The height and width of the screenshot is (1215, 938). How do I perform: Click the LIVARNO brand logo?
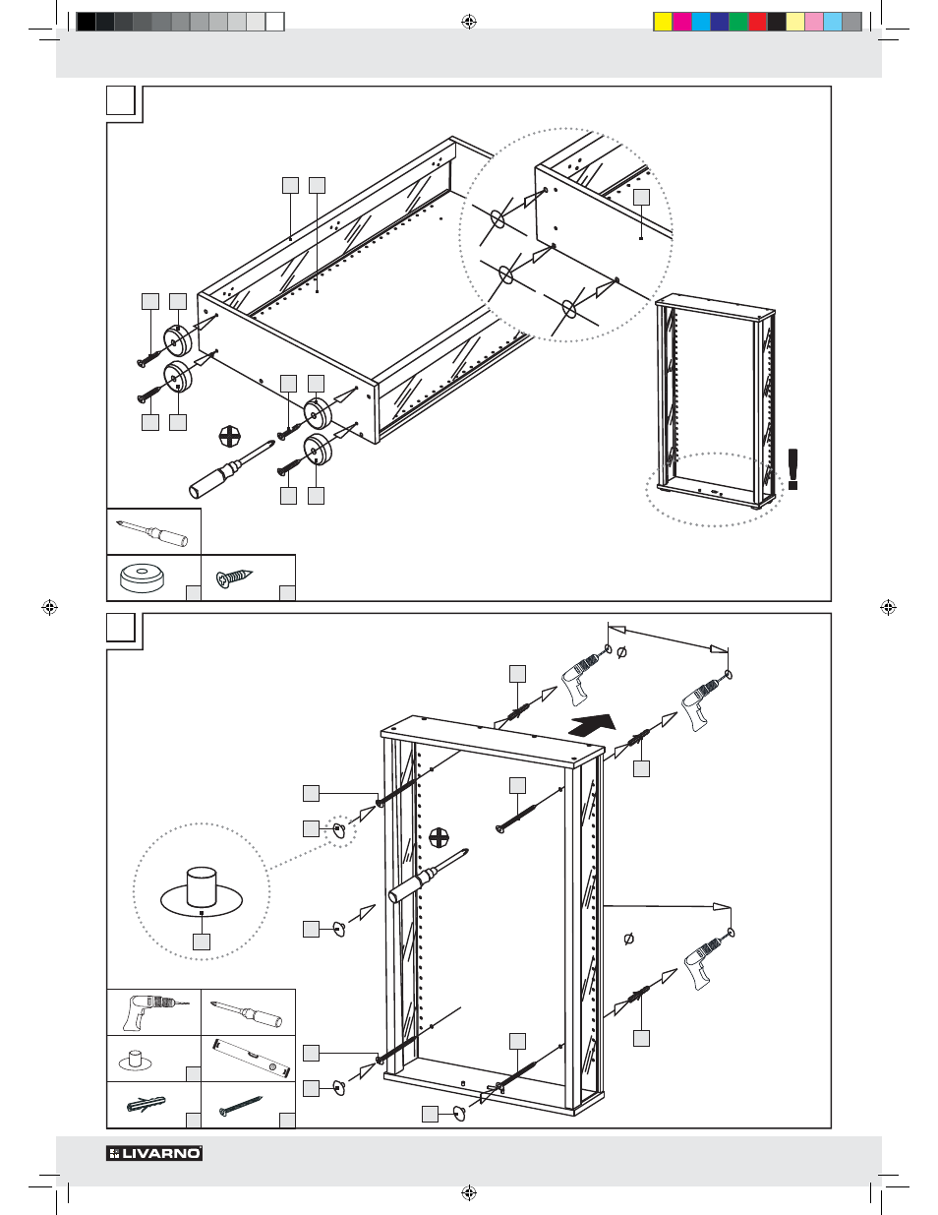coord(154,1153)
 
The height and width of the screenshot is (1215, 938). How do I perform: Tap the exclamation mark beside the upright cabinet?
coord(793,469)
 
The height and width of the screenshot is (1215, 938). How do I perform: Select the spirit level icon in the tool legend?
coord(248,1058)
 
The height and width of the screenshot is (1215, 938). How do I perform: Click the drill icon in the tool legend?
coord(152,1011)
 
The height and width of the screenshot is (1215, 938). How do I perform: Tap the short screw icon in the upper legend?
coord(236,577)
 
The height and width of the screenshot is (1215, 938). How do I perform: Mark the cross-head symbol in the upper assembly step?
coord(229,436)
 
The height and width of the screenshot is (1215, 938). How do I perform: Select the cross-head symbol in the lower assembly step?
coord(439,838)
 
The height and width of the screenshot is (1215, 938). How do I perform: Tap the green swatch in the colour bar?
coord(738,22)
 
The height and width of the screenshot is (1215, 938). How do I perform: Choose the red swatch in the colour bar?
coord(757,22)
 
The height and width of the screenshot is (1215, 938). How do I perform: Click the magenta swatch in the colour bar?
coord(682,22)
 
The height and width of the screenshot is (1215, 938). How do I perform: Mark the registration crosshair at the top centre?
coord(469,22)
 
